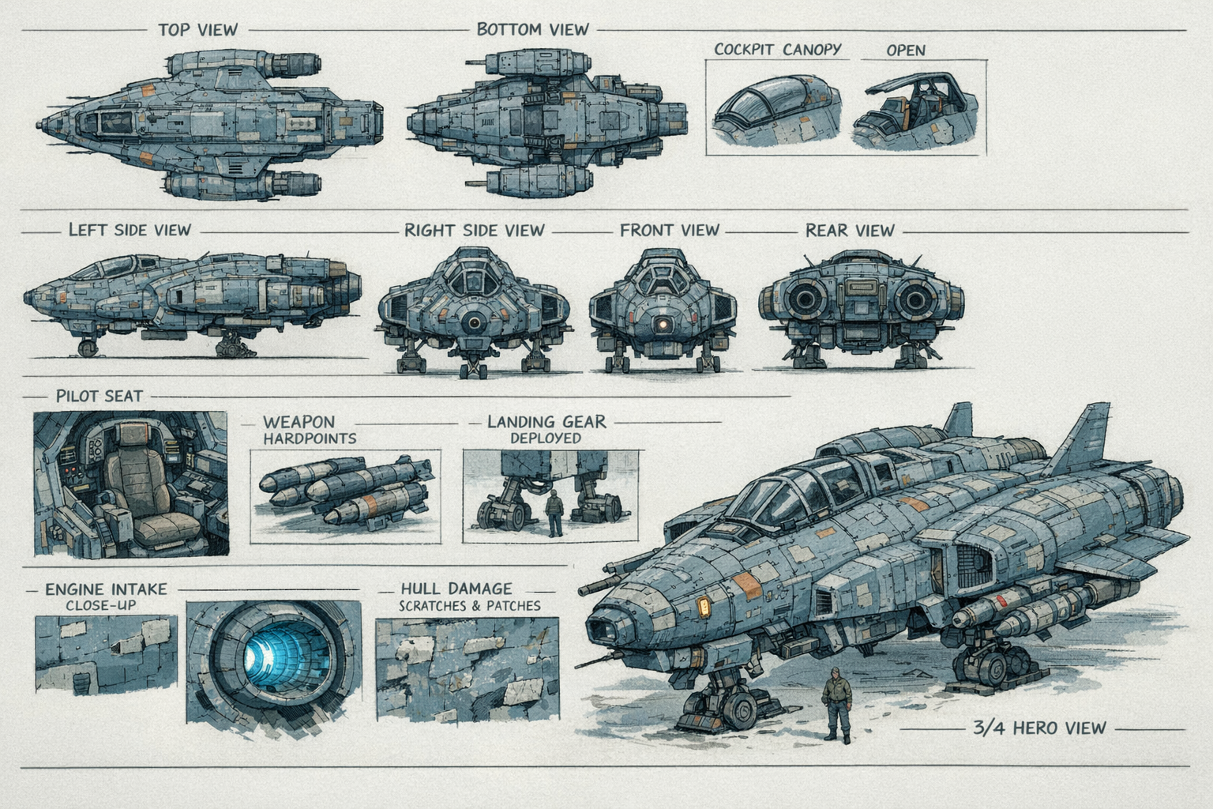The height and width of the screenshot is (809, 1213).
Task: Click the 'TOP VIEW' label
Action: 197,30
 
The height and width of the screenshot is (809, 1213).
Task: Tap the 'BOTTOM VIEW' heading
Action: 532,30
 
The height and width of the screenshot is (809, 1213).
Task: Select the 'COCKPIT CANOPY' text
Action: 777,49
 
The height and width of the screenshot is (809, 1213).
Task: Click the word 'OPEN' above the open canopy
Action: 905,51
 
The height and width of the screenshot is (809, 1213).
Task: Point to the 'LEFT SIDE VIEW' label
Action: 130,230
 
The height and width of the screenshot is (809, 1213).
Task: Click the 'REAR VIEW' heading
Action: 850,231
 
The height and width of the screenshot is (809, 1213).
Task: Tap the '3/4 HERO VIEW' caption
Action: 1038,728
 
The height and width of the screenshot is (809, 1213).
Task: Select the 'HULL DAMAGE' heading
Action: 456,589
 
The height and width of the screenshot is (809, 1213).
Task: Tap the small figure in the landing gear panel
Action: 555,512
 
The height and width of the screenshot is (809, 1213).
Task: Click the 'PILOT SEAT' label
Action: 99,396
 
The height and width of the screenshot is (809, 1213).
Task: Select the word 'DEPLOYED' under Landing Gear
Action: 545,438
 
